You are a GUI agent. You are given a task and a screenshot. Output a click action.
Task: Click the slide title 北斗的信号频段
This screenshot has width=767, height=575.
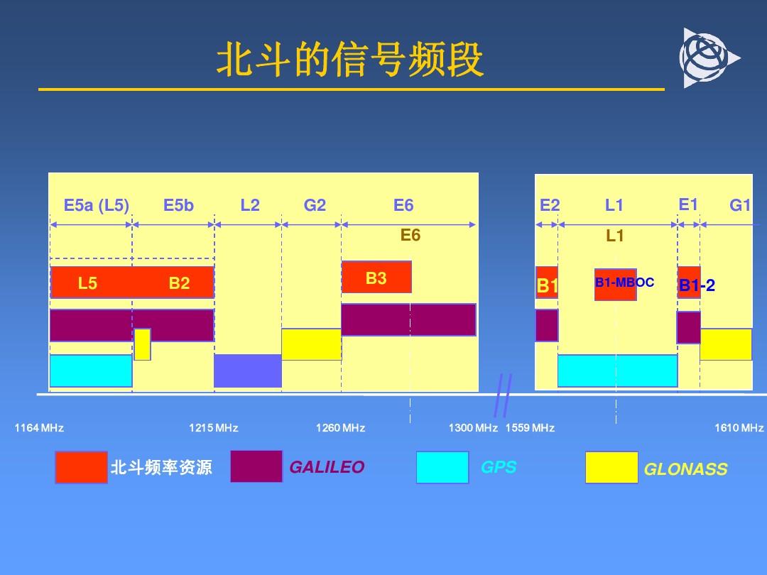pyautogui.click(x=350, y=59)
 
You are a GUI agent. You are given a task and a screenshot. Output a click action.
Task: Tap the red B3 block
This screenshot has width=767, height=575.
pyautogui.click(x=376, y=278)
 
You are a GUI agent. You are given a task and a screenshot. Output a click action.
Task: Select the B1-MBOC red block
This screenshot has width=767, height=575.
pyautogui.click(x=615, y=284)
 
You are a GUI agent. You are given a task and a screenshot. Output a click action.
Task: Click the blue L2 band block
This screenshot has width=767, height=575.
pyautogui.click(x=248, y=371)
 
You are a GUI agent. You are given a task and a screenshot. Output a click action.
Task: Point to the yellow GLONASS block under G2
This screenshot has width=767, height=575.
pyautogui.click(x=312, y=344)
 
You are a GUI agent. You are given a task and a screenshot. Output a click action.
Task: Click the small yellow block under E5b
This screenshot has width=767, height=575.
pyautogui.click(x=142, y=344)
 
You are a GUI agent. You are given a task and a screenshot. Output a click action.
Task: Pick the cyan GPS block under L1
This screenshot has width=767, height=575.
pyautogui.click(x=617, y=371)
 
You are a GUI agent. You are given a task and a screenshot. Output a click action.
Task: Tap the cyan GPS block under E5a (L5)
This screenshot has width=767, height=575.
pyautogui.click(x=91, y=371)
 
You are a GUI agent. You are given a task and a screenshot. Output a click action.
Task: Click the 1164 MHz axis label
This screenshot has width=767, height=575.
pyautogui.click(x=39, y=428)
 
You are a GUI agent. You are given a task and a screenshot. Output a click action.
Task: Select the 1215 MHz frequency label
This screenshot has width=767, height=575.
pyautogui.click(x=213, y=428)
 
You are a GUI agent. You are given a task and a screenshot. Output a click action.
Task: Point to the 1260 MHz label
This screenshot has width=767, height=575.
pyautogui.click(x=340, y=428)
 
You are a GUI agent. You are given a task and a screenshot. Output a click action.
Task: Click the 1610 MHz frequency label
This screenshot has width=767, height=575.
pyautogui.click(x=739, y=428)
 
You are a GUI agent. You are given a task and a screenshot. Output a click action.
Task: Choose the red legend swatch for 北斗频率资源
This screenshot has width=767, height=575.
pyautogui.click(x=81, y=467)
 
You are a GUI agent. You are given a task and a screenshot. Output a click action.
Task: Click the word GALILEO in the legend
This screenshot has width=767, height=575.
pyautogui.click(x=327, y=467)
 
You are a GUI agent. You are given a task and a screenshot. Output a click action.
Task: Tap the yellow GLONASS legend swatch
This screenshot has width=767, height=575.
pyautogui.click(x=612, y=467)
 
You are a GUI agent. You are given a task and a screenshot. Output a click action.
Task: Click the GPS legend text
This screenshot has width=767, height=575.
pyautogui.click(x=499, y=467)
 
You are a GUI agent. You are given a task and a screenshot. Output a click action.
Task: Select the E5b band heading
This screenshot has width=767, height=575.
pyautogui.click(x=178, y=205)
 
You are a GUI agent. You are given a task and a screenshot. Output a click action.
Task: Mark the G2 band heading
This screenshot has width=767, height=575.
pyautogui.click(x=315, y=205)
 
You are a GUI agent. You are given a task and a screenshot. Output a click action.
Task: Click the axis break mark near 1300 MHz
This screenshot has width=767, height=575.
pyautogui.click(x=504, y=395)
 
